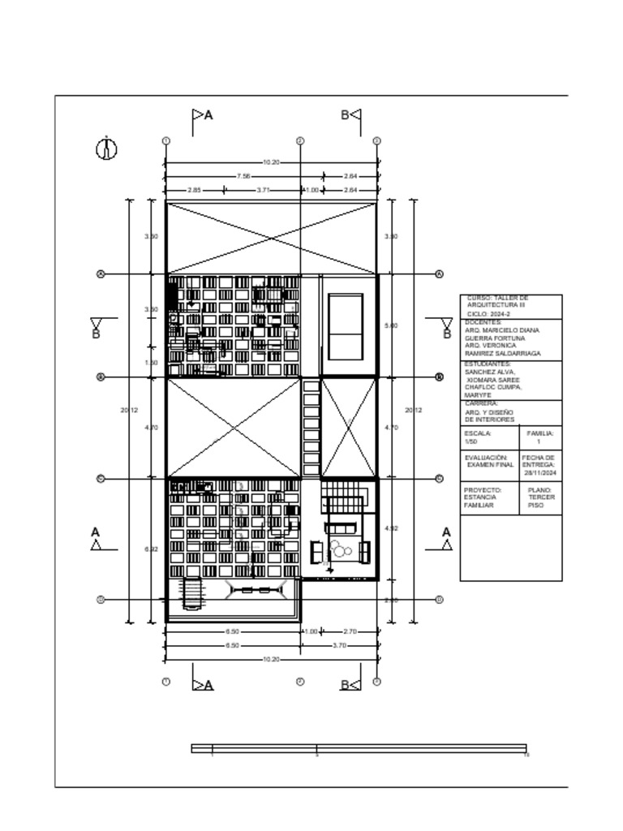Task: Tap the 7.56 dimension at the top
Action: (x=243, y=175)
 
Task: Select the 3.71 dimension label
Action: (x=262, y=190)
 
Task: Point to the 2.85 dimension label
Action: (x=195, y=190)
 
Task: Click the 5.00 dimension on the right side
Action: (x=391, y=325)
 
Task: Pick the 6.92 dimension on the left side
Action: (x=150, y=549)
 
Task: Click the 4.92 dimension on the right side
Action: (x=391, y=528)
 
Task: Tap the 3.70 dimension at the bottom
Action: (x=339, y=645)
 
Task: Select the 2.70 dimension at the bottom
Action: (x=350, y=631)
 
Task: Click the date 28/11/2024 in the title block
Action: (x=540, y=472)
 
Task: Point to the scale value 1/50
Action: (x=471, y=442)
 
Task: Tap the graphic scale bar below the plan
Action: (x=359, y=748)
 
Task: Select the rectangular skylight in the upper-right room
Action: (x=345, y=327)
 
